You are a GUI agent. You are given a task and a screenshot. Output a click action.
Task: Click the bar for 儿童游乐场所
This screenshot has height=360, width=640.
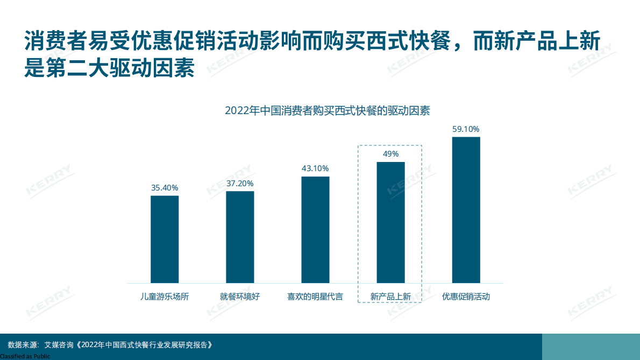(x=165, y=239)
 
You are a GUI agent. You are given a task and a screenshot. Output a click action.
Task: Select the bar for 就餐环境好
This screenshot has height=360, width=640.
(x=240, y=237)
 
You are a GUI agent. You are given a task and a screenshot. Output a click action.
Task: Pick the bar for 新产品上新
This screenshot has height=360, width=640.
(x=390, y=222)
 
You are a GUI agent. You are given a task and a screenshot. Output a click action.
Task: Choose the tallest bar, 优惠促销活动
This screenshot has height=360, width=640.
(x=466, y=210)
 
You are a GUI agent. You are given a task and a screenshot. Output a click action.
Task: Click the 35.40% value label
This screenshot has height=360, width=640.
(x=165, y=188)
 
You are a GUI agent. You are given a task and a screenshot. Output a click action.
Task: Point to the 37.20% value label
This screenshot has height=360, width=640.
(x=240, y=183)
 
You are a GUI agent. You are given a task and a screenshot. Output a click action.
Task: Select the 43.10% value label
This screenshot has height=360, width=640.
(x=315, y=168)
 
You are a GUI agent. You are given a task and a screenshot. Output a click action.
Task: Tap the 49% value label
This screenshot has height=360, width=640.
(x=390, y=154)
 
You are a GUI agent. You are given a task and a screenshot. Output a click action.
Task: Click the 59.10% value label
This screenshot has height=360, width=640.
(x=466, y=129)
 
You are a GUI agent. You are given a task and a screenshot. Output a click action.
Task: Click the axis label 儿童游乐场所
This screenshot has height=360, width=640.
(x=165, y=297)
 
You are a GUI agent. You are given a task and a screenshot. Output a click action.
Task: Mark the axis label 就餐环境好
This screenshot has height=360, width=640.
(x=240, y=297)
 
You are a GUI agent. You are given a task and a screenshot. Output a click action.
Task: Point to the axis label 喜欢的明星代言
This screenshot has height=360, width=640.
(x=315, y=297)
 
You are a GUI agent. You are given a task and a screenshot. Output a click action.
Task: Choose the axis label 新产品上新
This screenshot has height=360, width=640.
(x=390, y=297)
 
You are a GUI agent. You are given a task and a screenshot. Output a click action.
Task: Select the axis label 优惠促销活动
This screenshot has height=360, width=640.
(x=466, y=297)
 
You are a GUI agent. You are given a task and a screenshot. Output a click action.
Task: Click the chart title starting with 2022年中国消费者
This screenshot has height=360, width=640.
(x=327, y=111)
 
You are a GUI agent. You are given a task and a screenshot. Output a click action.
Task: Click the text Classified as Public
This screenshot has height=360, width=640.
(x=25, y=356)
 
